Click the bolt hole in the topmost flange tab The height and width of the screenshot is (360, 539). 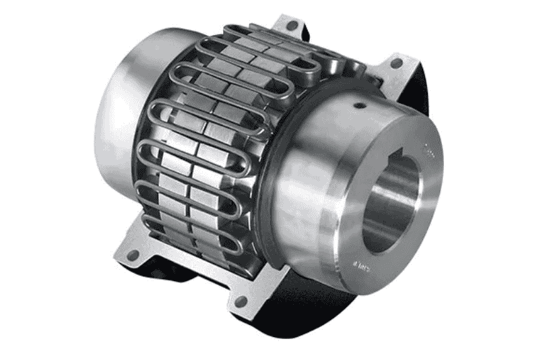pyautogui.click(x=292, y=26)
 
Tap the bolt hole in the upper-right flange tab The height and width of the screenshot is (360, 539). pyautogui.click(x=396, y=63)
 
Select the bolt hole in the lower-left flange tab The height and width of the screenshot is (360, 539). pyautogui.click(x=133, y=255)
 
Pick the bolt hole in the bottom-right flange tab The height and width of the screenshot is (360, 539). pyautogui.click(x=239, y=301)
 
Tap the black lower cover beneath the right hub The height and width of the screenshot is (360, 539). pyautogui.click(x=317, y=310)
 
